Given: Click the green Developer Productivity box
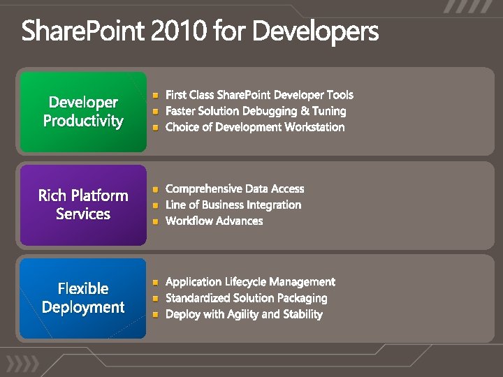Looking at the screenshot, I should [83, 112].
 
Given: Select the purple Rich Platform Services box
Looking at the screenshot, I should [83, 205].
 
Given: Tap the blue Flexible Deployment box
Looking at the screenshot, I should [83, 298].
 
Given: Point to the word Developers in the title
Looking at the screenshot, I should [315, 32].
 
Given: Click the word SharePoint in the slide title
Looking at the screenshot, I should [87, 32].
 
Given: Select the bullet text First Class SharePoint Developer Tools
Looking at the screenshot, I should [259, 95].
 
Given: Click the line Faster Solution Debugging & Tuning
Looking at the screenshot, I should [256, 111].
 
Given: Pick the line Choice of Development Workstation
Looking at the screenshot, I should [255, 127].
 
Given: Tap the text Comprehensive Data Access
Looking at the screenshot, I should [235, 188].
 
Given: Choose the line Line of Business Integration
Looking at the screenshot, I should [233, 205].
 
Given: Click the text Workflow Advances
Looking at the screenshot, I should [214, 221].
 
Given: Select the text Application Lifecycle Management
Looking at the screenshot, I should [250, 282].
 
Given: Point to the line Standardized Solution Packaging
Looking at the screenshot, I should [246, 298].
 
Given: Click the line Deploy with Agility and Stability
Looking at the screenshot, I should [244, 314].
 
